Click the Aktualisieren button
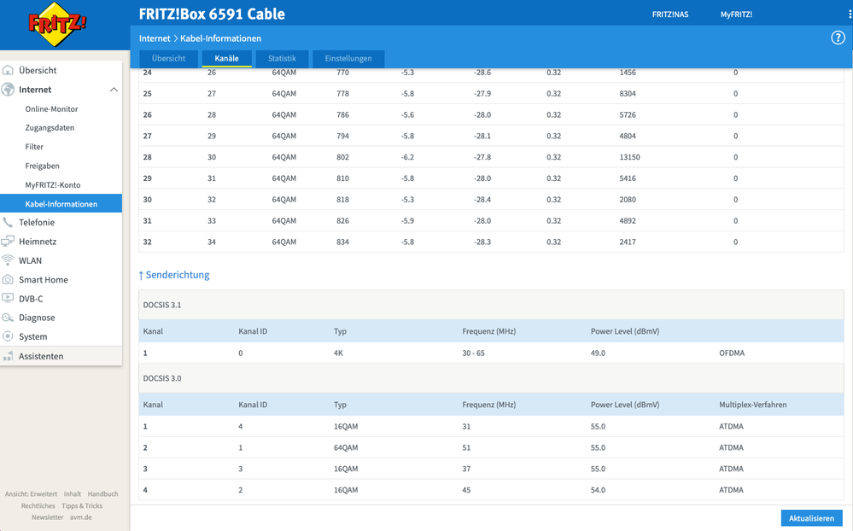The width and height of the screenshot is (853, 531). click(810, 518)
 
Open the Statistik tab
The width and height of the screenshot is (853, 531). click(282, 58)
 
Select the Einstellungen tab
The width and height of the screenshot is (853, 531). click(348, 58)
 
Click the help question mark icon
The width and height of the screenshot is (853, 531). click(838, 38)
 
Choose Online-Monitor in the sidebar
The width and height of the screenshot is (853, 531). click(51, 108)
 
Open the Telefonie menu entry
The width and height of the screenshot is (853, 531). click(36, 222)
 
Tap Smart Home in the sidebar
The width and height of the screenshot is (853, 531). click(43, 279)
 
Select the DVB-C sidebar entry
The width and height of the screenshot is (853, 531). click(31, 299)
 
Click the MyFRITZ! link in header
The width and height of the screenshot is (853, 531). click(736, 15)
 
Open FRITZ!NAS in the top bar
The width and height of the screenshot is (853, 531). click(670, 15)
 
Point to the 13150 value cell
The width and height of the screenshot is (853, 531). click(629, 157)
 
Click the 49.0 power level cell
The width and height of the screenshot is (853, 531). click(598, 353)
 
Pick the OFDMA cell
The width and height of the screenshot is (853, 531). click(732, 353)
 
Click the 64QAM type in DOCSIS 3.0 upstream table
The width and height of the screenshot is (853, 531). click(346, 447)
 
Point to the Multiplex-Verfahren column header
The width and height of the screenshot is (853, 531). click(752, 404)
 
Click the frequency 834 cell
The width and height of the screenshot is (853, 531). click(343, 242)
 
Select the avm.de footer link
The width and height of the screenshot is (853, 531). click(80, 517)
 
